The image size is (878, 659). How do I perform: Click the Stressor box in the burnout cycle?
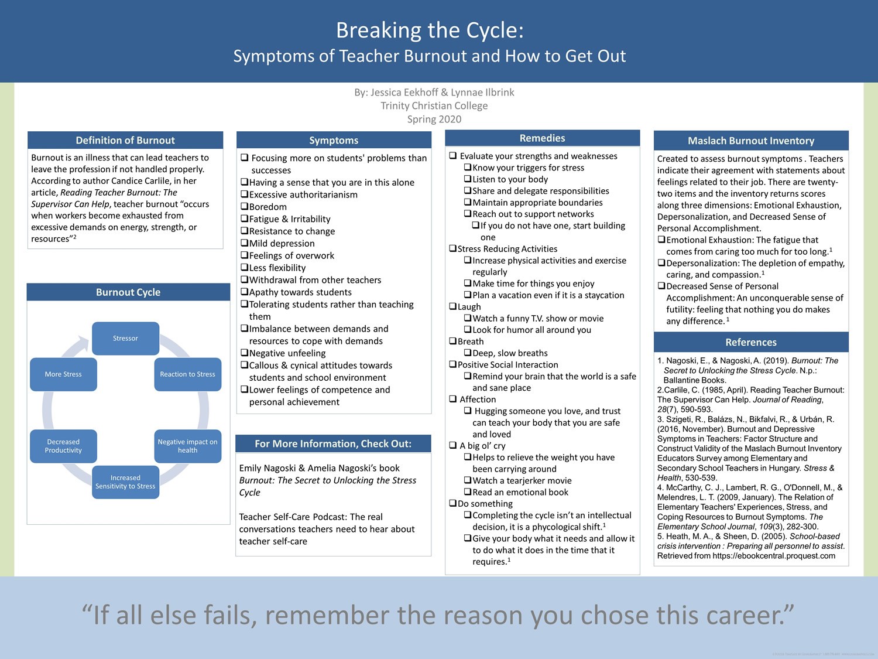click(x=126, y=339)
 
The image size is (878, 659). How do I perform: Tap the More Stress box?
click(x=63, y=374)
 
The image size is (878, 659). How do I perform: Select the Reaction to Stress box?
click(x=188, y=374)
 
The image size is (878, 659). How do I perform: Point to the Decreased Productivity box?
click(x=63, y=446)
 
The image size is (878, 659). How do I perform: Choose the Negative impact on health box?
click(x=188, y=446)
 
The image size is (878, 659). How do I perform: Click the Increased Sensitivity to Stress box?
click(x=126, y=482)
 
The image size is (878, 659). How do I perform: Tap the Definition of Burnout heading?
click(x=125, y=141)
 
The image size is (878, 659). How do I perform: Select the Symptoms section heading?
click(x=334, y=141)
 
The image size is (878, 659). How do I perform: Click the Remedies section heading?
click(x=543, y=138)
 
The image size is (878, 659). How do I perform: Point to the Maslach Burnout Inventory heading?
click(x=751, y=141)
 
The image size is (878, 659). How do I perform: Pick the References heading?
click(x=751, y=342)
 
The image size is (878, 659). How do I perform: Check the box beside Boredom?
click(x=245, y=206)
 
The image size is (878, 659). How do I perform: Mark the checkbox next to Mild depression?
click(x=245, y=243)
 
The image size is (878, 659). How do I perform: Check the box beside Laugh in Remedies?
click(x=453, y=306)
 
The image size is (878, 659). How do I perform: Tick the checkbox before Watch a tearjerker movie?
click(x=468, y=480)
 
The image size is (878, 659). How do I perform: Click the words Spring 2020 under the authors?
click(x=434, y=119)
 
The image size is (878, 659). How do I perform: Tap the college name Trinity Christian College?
click(x=434, y=105)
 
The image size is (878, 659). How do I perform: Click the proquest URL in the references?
click(x=774, y=556)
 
